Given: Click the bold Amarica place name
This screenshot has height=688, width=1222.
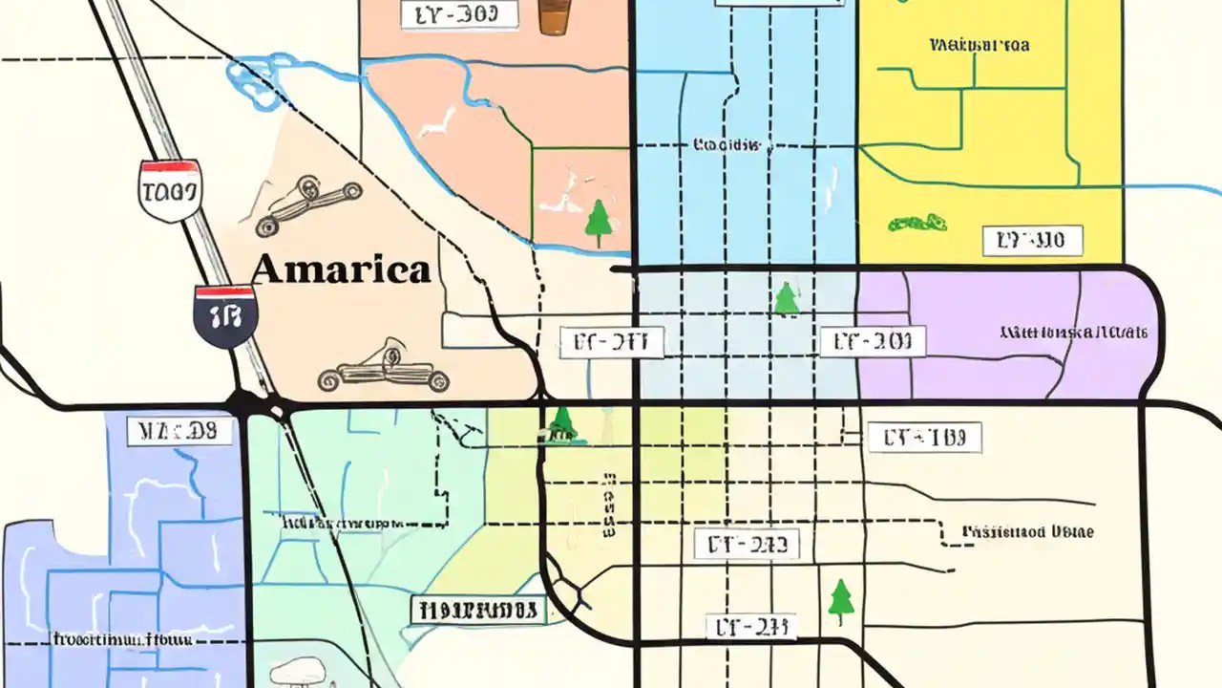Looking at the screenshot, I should point(341,270).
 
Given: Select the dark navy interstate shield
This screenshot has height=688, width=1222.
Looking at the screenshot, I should point(224,314).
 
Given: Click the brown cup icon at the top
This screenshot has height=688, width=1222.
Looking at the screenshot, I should point(554,16).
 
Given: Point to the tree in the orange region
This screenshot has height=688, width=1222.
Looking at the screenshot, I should point(599,223).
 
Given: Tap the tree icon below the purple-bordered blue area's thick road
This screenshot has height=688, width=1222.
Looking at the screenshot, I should point(785,299).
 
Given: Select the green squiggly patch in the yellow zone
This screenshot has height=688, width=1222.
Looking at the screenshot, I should point(916,225).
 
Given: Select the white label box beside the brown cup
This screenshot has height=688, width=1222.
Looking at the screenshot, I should point(459,14).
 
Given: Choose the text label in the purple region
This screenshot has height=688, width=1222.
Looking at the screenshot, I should point(1073,333).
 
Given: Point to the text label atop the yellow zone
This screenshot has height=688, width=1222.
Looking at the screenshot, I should point(979,45).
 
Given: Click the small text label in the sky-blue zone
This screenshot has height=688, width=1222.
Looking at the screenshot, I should point(727,145).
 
